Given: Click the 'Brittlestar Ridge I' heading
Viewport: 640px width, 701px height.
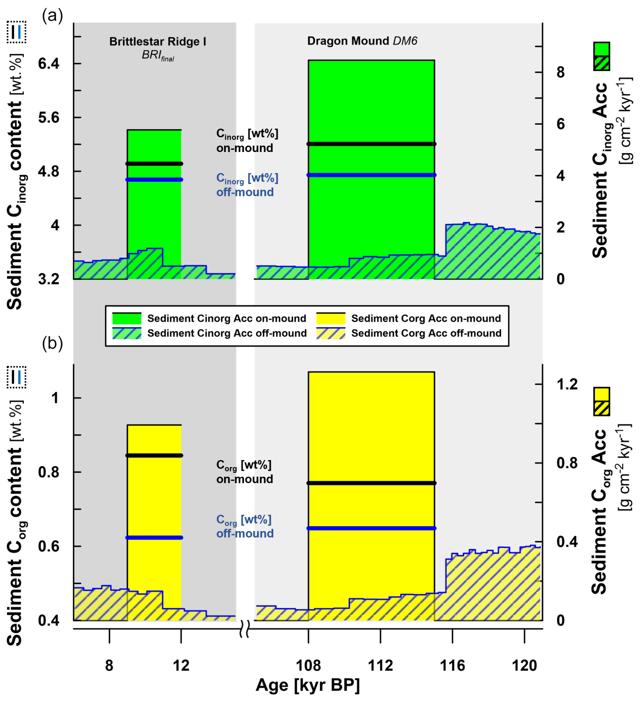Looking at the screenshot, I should tap(157, 41).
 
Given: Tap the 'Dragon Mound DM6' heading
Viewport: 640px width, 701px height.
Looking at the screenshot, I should tap(362, 41).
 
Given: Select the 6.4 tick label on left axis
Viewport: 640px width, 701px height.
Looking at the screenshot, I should tap(48, 64).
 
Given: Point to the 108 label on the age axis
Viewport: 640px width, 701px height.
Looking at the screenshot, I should tap(308, 665).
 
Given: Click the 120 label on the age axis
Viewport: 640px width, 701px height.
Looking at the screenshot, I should tap(524, 665).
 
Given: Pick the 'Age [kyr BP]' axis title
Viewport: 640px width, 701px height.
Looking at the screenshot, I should tap(307, 685).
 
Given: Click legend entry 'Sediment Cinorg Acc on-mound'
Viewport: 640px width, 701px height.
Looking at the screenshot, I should tap(227, 318).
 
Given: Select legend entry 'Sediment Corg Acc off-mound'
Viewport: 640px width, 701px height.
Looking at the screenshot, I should tap(426, 333).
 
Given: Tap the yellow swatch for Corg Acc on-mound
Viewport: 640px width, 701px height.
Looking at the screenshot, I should tap(330, 318).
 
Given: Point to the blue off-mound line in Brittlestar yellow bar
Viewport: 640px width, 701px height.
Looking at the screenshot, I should tap(154, 538).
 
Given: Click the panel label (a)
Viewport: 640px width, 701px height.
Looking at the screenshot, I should tap(52, 16).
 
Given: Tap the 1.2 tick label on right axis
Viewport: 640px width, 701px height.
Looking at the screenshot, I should tap(567, 384).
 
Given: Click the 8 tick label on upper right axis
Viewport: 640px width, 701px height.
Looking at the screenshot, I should tap(561, 72).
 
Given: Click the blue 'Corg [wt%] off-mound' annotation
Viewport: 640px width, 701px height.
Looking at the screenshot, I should tap(245, 526).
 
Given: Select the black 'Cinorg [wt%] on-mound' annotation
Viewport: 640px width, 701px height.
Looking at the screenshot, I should tap(247, 141).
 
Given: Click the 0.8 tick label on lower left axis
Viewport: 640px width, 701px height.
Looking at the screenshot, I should tap(48, 472).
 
